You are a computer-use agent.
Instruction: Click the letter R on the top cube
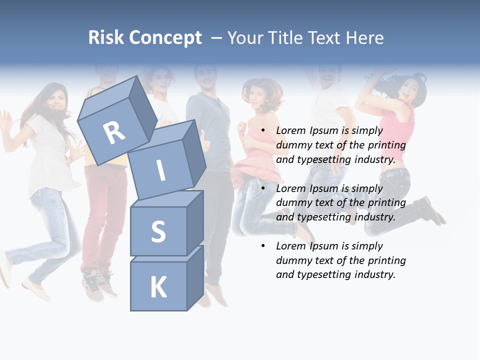pos(114,132)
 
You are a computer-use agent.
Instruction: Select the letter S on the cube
pos(158,231)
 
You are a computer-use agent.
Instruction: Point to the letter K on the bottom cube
pos(158,287)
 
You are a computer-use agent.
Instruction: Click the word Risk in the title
pos(106,37)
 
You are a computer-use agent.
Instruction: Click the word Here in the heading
pos(365,37)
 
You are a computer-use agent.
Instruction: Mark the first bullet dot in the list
pos(263,130)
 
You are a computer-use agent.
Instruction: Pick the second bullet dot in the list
pos(263,188)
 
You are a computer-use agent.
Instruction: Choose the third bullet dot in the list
pos(263,246)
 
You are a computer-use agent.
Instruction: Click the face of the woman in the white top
pos(54,100)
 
